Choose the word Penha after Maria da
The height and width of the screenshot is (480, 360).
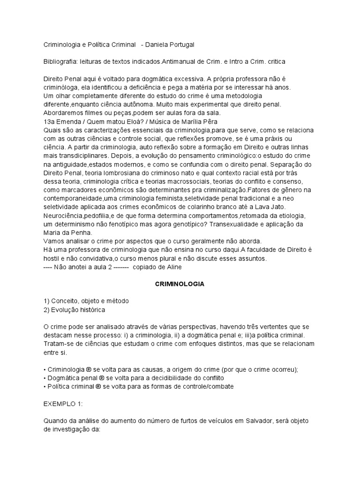point(82,232)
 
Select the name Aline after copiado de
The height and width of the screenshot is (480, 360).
point(172,267)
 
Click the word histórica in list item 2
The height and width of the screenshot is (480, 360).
point(91,309)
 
